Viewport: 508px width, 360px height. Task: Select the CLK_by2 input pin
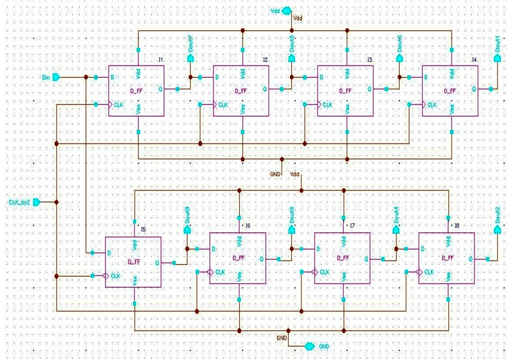point(36,202)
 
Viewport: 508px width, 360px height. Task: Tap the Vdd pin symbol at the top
point(286,10)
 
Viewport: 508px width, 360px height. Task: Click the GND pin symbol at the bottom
point(310,346)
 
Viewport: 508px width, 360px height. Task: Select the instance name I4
point(474,59)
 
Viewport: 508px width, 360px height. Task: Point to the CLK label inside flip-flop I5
point(116,275)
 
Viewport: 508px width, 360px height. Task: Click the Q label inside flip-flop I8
point(471,258)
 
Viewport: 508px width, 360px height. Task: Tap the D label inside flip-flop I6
point(214,248)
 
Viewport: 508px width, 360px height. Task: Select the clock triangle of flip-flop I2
point(216,104)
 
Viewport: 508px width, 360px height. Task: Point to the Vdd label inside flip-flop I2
point(243,73)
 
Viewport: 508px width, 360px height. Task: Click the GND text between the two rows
point(275,174)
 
